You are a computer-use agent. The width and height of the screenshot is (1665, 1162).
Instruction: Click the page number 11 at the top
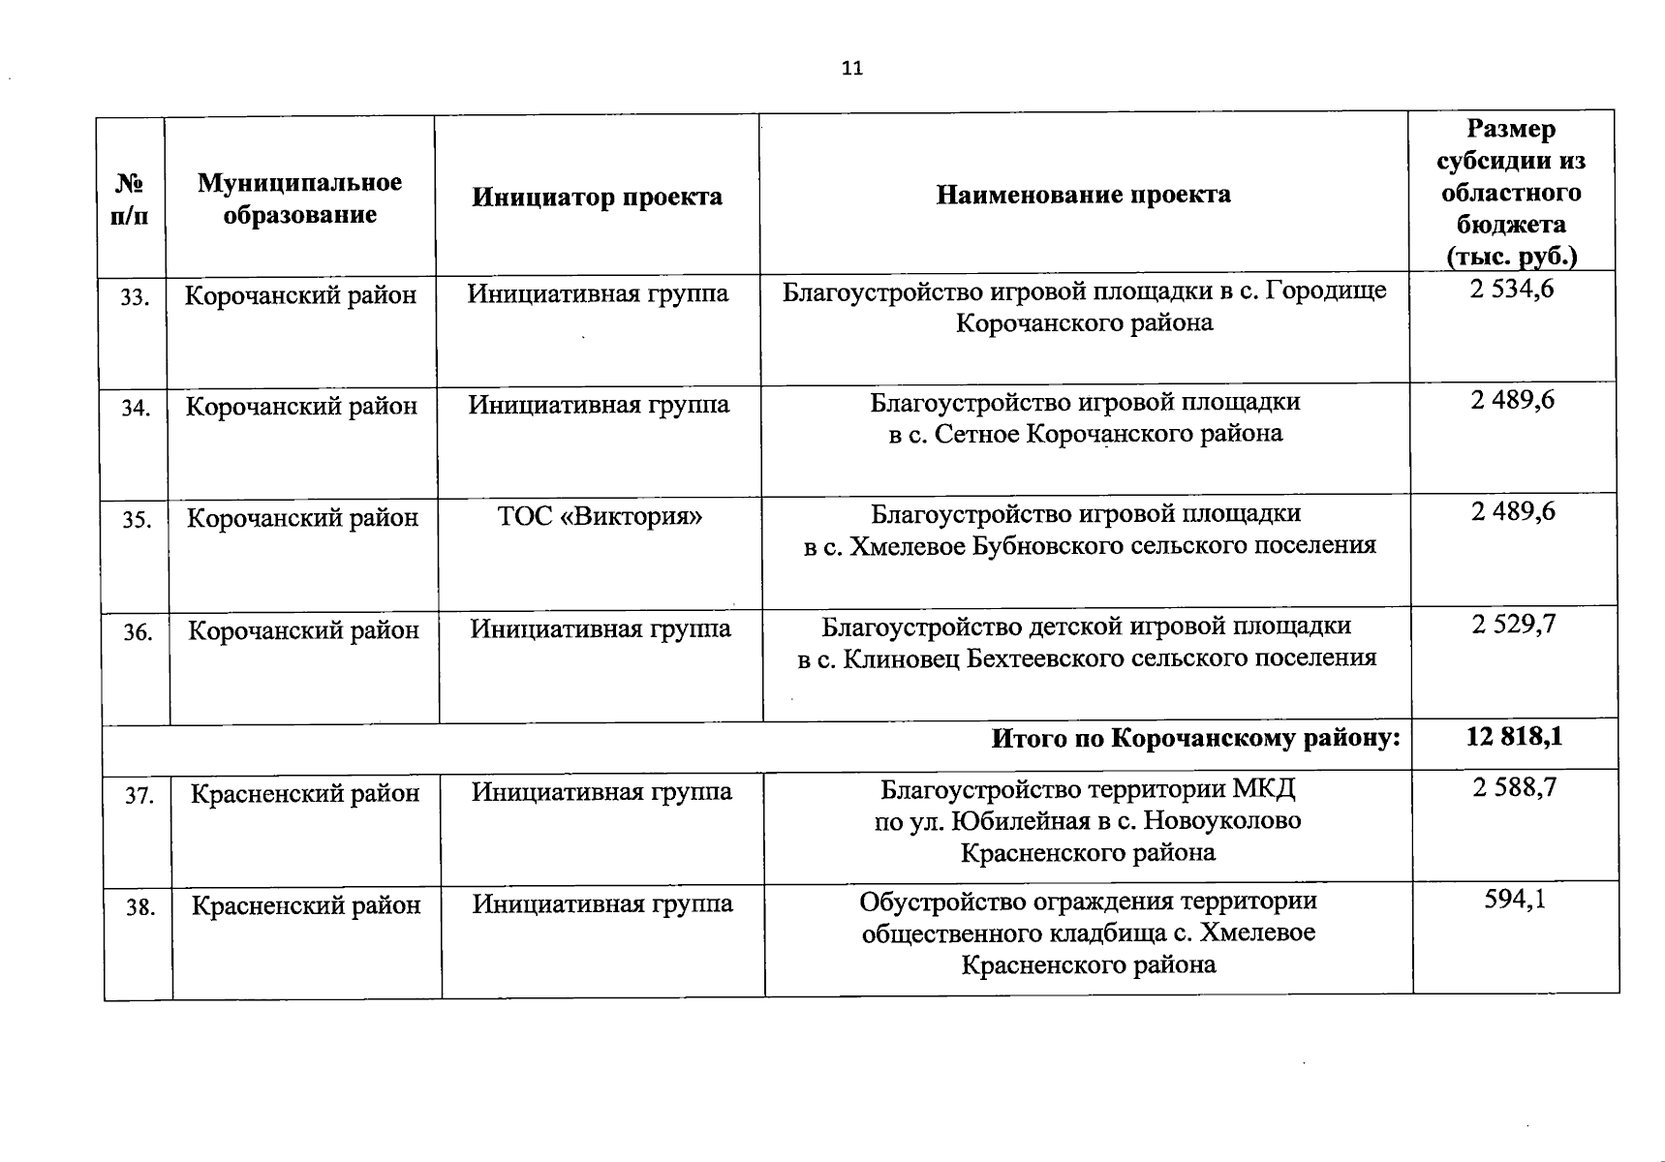(x=852, y=68)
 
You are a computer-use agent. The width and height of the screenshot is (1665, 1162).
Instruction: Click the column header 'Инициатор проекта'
(x=597, y=198)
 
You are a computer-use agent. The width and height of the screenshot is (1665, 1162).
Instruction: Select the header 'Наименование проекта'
(x=1083, y=195)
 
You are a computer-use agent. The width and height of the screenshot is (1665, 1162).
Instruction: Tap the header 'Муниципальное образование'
(x=299, y=199)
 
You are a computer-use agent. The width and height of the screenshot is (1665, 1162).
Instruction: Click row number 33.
(x=135, y=298)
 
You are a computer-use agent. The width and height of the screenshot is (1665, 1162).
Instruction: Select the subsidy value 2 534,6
(x=1511, y=289)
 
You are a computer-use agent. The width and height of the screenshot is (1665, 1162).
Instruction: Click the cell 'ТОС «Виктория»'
(x=600, y=516)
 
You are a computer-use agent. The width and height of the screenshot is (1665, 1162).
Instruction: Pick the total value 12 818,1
(x=1514, y=737)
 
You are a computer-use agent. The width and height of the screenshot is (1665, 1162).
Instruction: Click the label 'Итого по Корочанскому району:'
(x=1196, y=740)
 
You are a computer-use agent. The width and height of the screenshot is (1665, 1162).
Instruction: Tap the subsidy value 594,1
(x=1515, y=900)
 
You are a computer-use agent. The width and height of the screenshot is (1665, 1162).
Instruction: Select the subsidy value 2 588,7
(x=1515, y=787)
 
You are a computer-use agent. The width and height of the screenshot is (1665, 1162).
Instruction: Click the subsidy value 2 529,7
(x=1513, y=625)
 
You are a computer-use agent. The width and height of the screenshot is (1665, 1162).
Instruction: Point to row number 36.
(x=138, y=633)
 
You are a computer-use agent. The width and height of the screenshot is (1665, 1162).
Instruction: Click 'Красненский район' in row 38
(x=306, y=905)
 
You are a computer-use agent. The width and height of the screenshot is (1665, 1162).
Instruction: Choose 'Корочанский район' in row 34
(x=301, y=406)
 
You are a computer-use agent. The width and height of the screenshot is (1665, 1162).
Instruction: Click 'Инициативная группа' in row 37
(x=601, y=792)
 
